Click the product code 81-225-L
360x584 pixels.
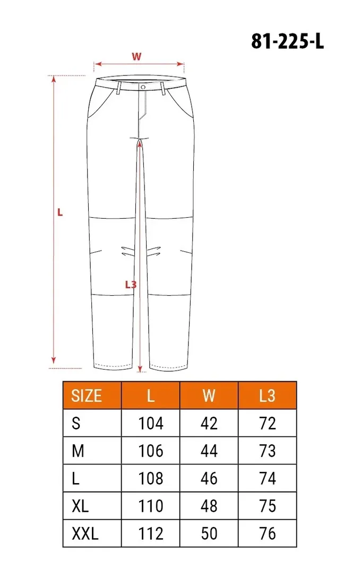point(287,41)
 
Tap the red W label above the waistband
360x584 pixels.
point(136,57)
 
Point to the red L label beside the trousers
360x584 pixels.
point(60,213)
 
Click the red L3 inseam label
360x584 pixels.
point(131,285)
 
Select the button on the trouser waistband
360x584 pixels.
point(143,87)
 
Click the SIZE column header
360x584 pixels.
point(87,396)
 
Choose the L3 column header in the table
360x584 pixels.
point(267,396)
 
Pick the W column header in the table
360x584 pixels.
point(209,396)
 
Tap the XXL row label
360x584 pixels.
point(85,534)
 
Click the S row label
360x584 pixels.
point(76,424)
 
